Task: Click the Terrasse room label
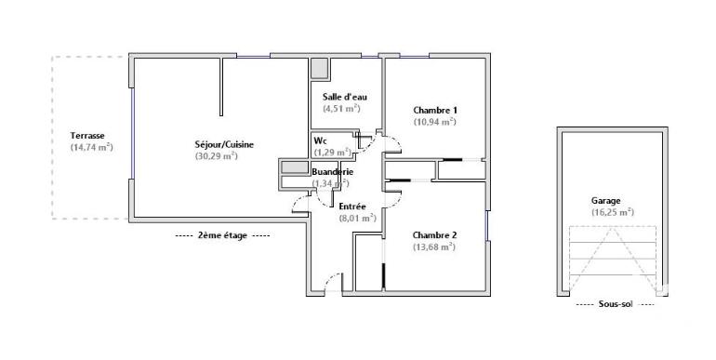[x=88, y=136]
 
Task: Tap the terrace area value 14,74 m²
[x=91, y=147]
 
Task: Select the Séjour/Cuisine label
[x=224, y=144]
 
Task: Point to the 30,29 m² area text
[x=217, y=156]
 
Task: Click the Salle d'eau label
[x=343, y=97]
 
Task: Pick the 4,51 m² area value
[x=341, y=108]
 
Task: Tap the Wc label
[x=320, y=140]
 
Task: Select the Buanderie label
[x=331, y=172]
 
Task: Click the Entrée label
[x=351, y=207]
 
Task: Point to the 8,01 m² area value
[x=356, y=218]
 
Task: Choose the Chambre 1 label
[x=435, y=110]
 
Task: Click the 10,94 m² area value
[x=434, y=121]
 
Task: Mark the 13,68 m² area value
[x=433, y=247]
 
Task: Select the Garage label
[x=605, y=200]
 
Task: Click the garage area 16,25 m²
[x=612, y=211]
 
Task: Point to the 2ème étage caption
[x=222, y=236]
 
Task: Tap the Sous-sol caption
[x=615, y=304]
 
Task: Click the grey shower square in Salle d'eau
[x=319, y=69]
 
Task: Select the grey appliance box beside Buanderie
[x=295, y=167]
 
